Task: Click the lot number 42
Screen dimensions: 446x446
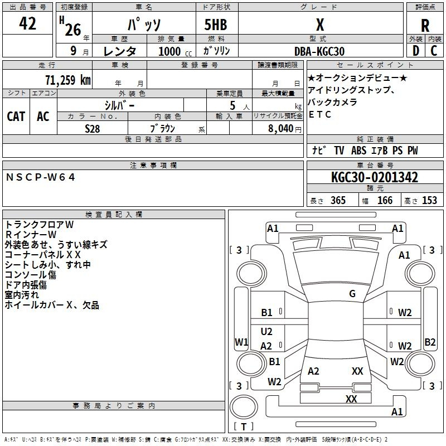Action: click(28, 24)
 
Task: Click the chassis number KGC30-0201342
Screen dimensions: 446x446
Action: click(374, 177)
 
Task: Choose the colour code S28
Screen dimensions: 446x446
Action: click(93, 128)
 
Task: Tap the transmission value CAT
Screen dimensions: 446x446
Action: click(16, 116)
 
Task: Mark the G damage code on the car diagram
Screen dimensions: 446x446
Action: click(352, 294)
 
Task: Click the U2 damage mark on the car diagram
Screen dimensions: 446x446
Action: click(266, 331)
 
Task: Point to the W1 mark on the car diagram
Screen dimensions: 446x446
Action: click(241, 342)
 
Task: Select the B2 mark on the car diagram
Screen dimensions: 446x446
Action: click(430, 342)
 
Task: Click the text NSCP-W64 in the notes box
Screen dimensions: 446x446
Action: click(41, 177)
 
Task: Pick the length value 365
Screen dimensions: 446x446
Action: click(338, 200)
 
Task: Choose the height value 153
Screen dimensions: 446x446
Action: click(429, 200)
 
